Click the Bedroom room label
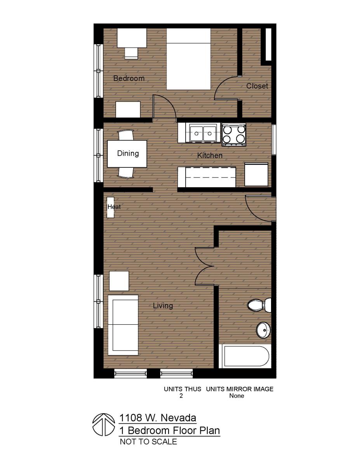coord(129,78)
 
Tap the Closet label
coord(257,86)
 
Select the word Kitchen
coord(210,156)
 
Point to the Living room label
coord(163,306)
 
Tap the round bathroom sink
coord(263,330)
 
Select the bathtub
coord(246,356)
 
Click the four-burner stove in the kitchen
coord(234,134)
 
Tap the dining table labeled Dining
coord(127,153)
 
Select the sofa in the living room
coord(123,325)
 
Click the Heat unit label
coord(114,207)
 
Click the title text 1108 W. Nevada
coord(157,418)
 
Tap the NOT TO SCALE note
coord(148,442)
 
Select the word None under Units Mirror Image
coord(237,396)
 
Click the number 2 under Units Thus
coord(181,396)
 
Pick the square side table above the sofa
coord(119,281)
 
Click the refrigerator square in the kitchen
coord(256,174)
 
